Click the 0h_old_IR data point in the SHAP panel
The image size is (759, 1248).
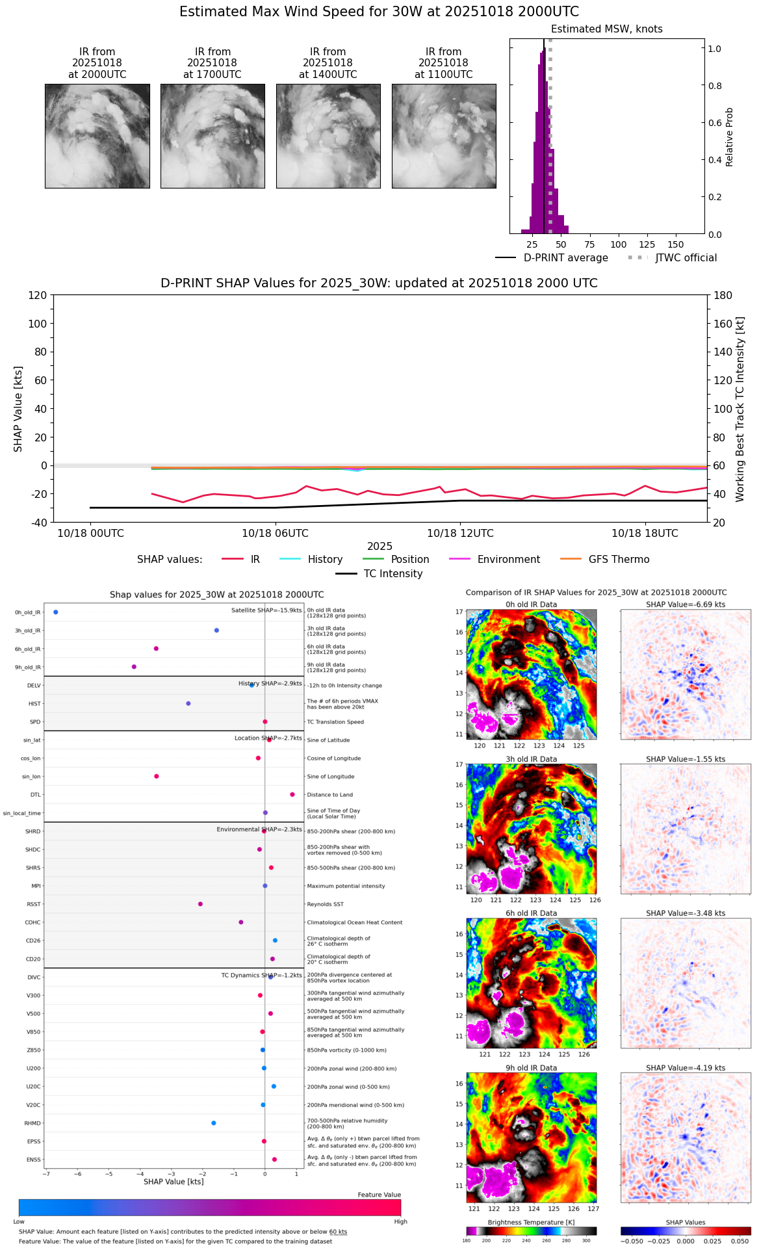pos(56,612)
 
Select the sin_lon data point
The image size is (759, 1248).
pos(157,776)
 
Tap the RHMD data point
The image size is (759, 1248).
pos(214,1123)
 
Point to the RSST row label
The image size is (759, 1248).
pos(33,904)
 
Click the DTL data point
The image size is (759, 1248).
pos(292,794)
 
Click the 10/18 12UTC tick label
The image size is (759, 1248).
pos(460,534)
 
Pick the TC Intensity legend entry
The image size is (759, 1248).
pos(379,574)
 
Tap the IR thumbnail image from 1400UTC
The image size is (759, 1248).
pos(328,136)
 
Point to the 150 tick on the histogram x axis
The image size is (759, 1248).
pos(676,245)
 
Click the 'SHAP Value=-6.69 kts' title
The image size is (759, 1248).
pos(686,604)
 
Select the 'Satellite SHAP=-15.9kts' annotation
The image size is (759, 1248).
pos(266,610)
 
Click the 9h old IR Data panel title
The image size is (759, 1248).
pos(531,1068)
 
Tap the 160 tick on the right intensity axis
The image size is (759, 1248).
pos(723,324)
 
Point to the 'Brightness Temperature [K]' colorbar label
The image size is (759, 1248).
pos(531,1223)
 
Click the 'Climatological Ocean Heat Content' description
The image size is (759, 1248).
pos(354,922)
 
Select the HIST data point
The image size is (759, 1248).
pos(188,703)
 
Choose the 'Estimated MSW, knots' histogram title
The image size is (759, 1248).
pos(606,29)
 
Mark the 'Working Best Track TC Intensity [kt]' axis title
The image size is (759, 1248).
pos(740,409)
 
